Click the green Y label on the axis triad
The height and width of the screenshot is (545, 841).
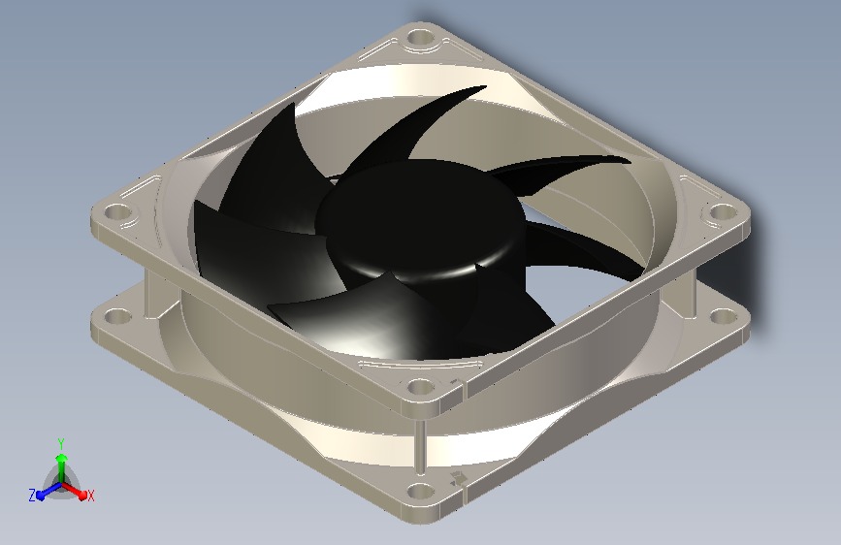61,444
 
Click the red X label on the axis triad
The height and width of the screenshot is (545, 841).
90,496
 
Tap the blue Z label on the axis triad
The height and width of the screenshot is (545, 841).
32,496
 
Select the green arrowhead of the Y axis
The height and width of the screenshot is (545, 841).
62,458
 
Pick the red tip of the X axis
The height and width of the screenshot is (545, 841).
82,496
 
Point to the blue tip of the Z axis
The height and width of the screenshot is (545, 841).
40,497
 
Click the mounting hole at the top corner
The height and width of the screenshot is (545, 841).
421,38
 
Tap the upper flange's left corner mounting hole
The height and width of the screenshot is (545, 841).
117,211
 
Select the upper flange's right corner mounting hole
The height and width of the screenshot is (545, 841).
723,211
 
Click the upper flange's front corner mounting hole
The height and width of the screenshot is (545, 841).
421,386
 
